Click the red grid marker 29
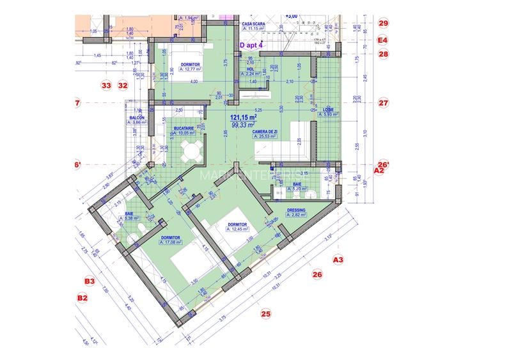[383, 23]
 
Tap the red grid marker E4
[383, 40]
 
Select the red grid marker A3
[338, 260]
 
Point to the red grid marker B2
[82, 297]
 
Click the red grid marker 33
[106, 84]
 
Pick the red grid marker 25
[266, 313]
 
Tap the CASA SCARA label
[253, 24]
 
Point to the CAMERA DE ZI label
[265, 130]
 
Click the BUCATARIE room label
[182, 128]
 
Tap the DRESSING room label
[296, 210]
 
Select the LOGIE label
[329, 109]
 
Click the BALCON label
[136, 118]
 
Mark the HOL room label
[251, 68]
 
